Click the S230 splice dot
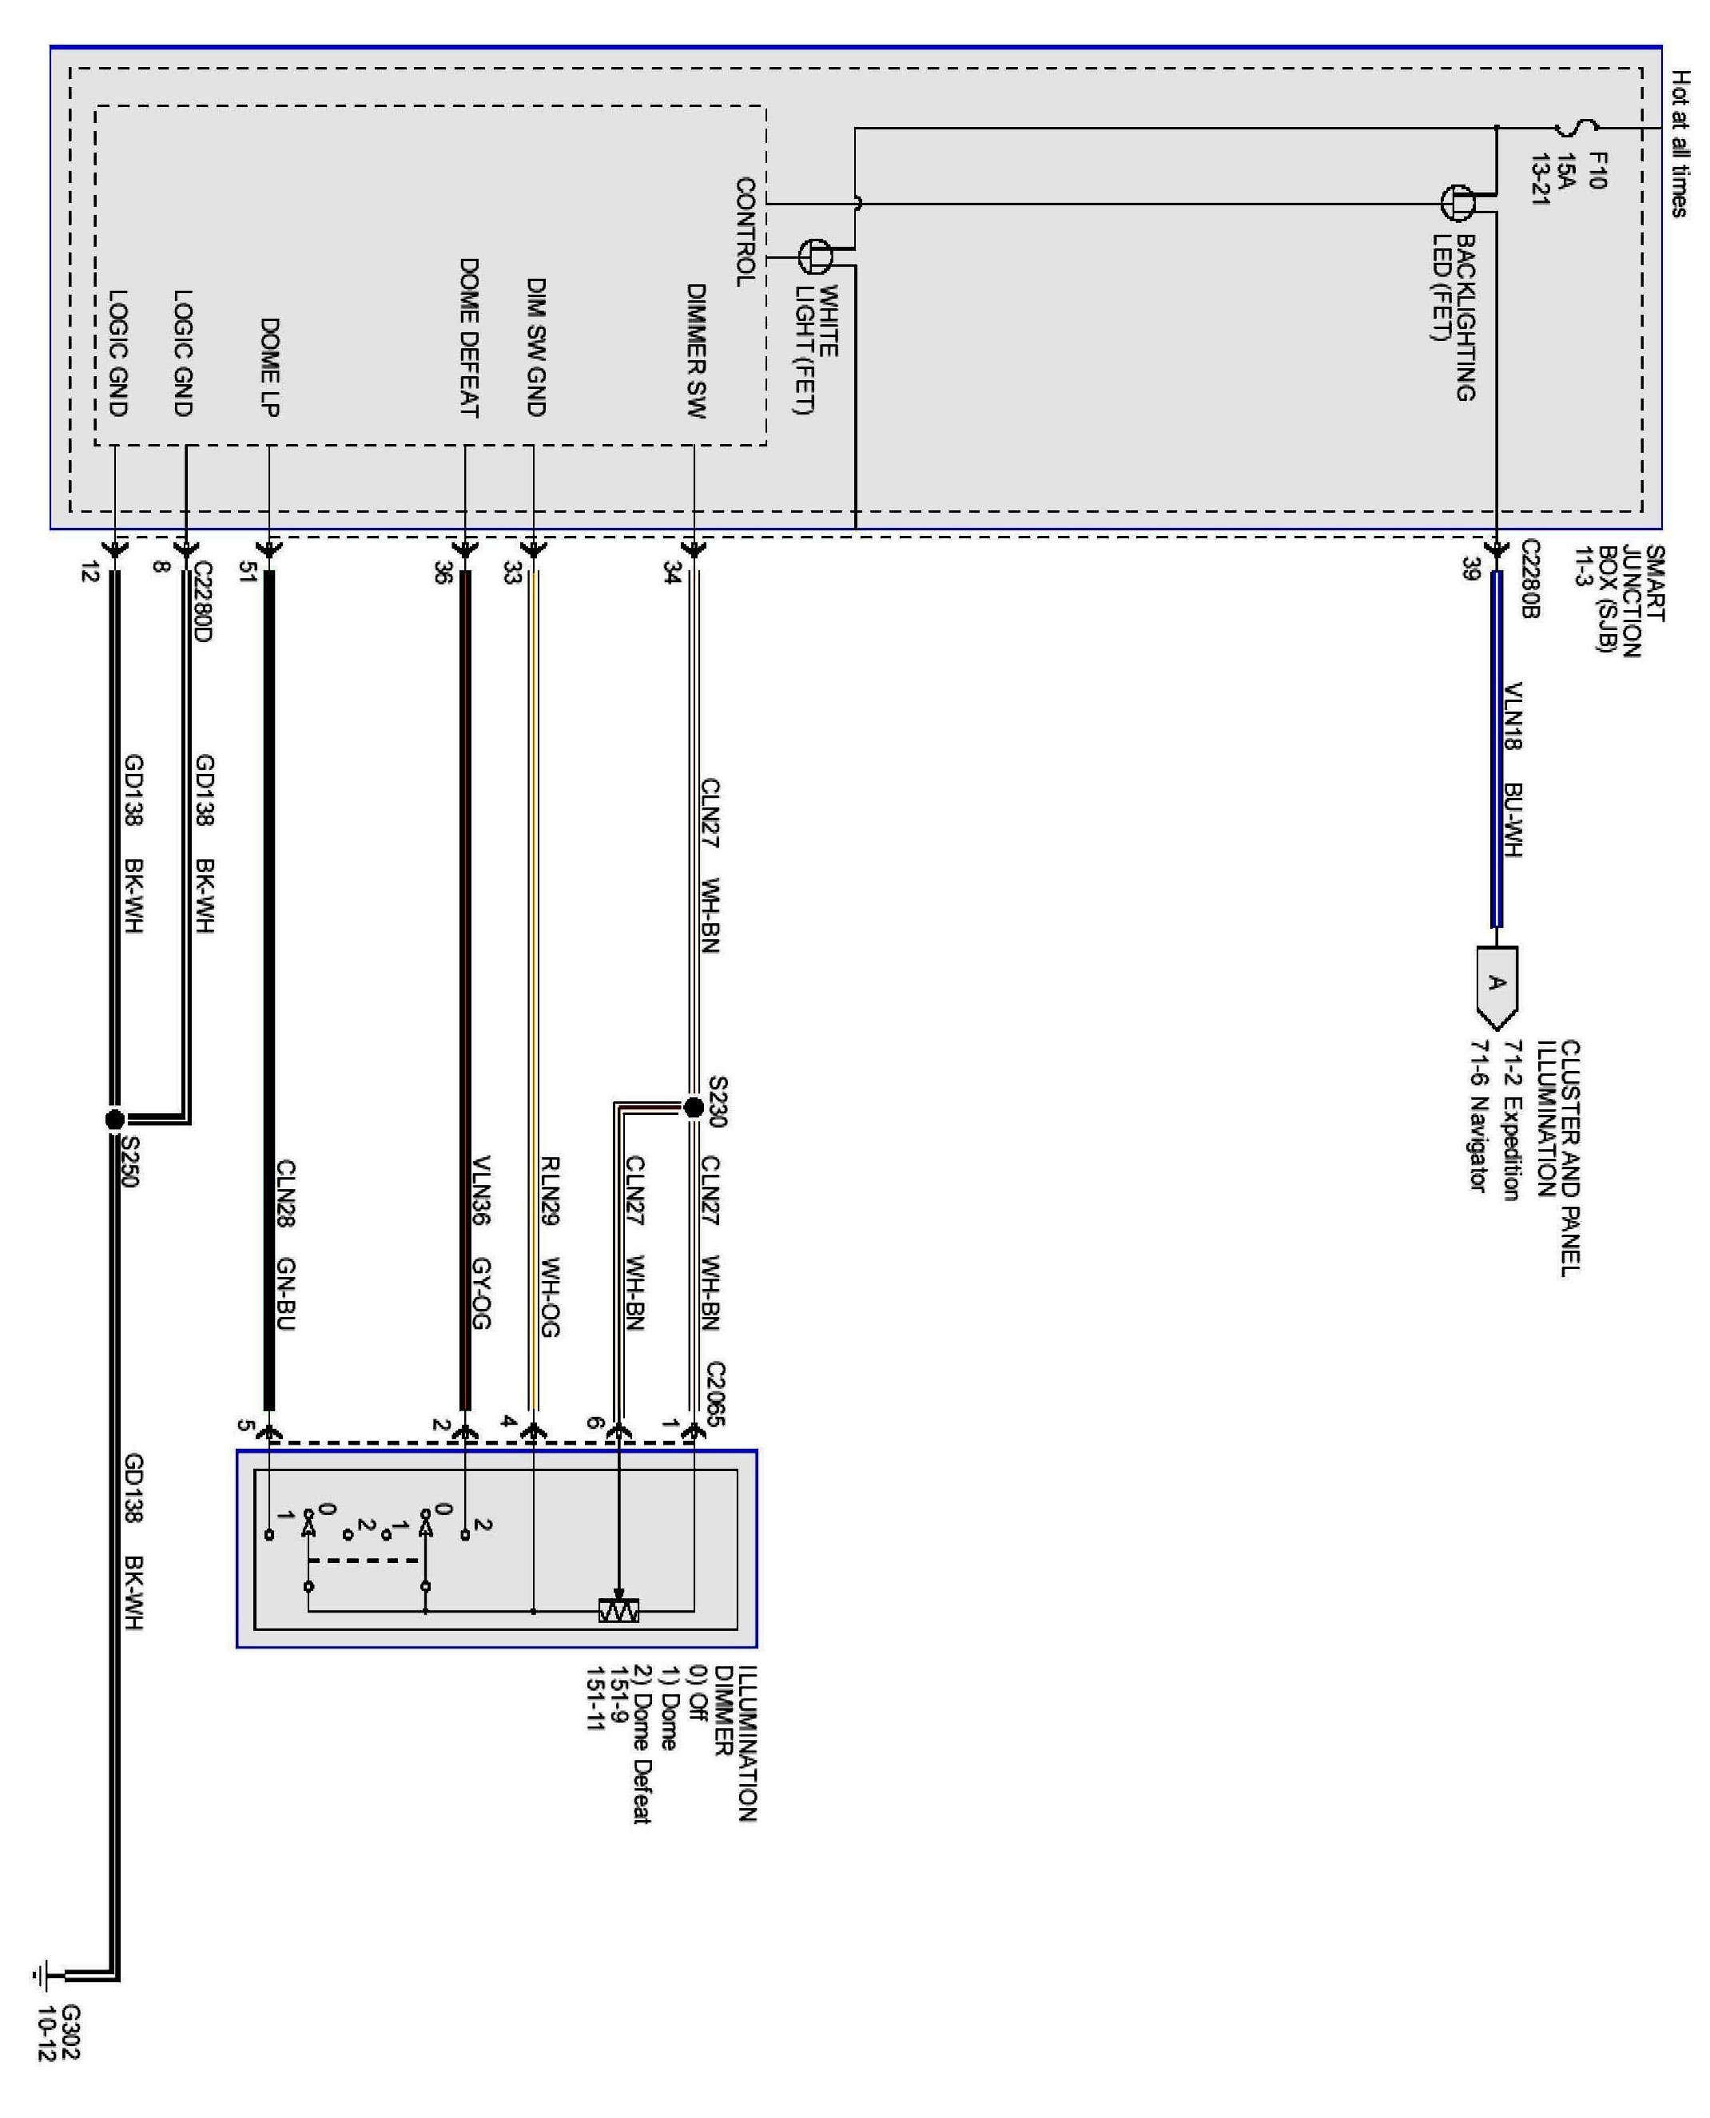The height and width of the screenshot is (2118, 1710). coord(693,1108)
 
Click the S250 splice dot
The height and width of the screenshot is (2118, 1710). coord(114,1119)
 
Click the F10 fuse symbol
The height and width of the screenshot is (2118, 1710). coord(1576,128)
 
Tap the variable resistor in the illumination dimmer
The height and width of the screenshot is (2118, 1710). coord(618,1612)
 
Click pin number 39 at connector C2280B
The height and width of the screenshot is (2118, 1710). coord(1472,568)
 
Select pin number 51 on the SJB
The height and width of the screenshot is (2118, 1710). coord(246,570)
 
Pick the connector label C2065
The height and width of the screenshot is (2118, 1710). coord(716,1394)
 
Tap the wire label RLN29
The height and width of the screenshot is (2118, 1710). coord(550,1189)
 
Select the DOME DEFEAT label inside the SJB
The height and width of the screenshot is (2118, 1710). coord(469,337)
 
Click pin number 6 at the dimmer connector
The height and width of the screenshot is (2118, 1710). coord(594,1423)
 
